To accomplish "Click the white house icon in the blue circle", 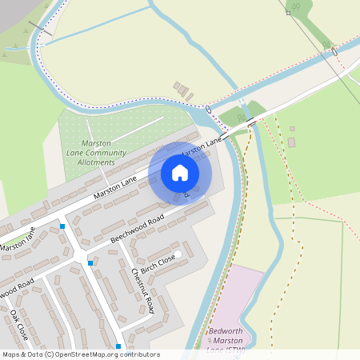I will [x=180, y=172].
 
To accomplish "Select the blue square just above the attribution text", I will [x=118, y=346].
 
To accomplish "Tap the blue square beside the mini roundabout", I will [x=90, y=262].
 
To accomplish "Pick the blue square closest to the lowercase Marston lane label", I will [x=62, y=226].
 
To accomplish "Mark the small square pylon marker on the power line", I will [x=288, y=13].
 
